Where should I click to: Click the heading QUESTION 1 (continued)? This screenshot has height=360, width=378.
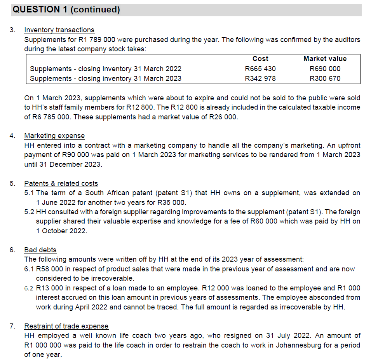coord(66,10)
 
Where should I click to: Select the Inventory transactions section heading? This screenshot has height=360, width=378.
coord(59,30)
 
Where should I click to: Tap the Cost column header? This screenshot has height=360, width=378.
coord(260,59)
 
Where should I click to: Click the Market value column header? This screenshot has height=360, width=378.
coord(325,59)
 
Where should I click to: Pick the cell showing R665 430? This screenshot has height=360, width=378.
coord(260,69)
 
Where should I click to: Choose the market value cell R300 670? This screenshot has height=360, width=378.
coord(325,79)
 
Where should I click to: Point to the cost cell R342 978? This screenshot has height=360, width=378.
coord(260,79)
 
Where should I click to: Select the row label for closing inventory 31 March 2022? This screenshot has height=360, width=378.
coord(106,69)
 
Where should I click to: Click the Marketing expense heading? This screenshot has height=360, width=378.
coord(54,136)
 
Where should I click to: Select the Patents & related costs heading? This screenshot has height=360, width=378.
coord(61,183)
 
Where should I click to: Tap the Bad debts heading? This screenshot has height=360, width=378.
coord(40,250)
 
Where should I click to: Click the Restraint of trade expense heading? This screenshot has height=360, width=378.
coord(66,326)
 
